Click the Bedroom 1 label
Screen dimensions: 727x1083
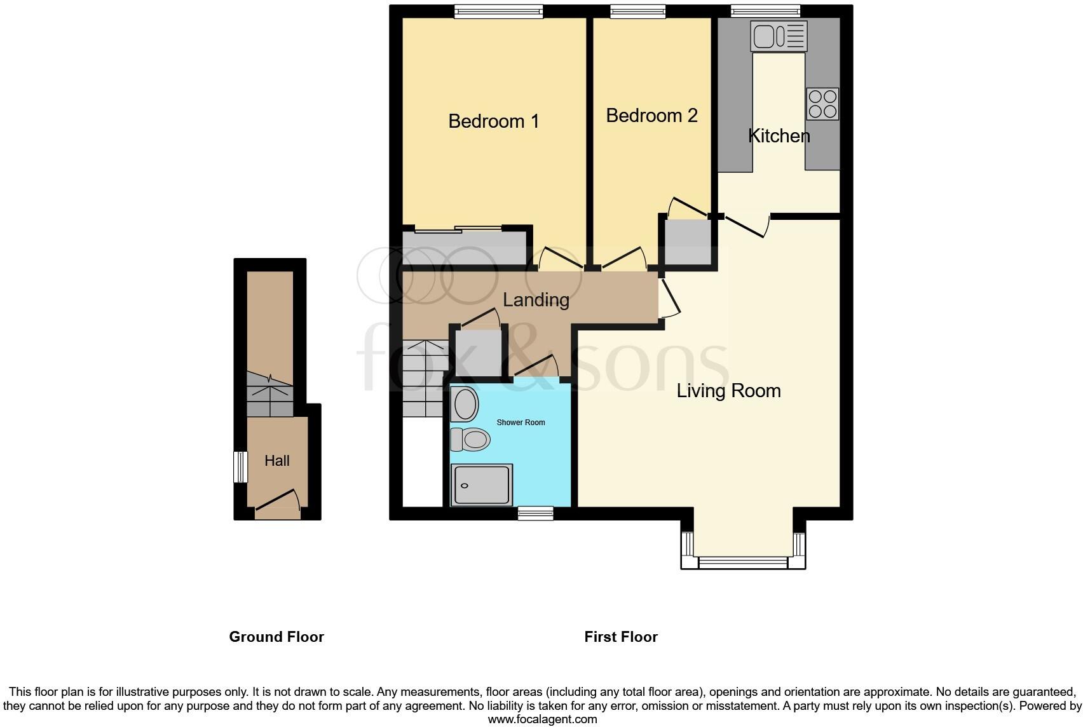[x=493, y=121]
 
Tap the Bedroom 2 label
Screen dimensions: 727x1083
[x=651, y=116]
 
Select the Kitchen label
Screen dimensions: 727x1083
[x=779, y=135]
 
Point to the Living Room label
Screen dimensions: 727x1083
[x=728, y=390]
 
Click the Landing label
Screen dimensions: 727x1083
[x=536, y=299]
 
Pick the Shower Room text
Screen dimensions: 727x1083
[x=521, y=422]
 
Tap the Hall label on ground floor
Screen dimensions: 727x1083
[x=276, y=461]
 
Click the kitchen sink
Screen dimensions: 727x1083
[x=778, y=36]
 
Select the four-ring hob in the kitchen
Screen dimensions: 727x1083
[x=822, y=104]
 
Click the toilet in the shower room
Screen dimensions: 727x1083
[x=470, y=439]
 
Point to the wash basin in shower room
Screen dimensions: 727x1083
[x=465, y=404]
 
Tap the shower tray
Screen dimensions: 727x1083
[x=481, y=485]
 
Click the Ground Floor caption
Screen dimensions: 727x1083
[x=276, y=637]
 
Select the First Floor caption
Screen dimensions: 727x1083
[x=621, y=637]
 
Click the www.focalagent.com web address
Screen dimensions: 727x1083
[x=542, y=719]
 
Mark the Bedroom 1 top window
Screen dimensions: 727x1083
[x=498, y=11]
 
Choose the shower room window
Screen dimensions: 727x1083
[x=535, y=513]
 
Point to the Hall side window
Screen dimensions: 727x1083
[x=240, y=467]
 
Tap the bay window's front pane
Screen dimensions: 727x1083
[x=743, y=562]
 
